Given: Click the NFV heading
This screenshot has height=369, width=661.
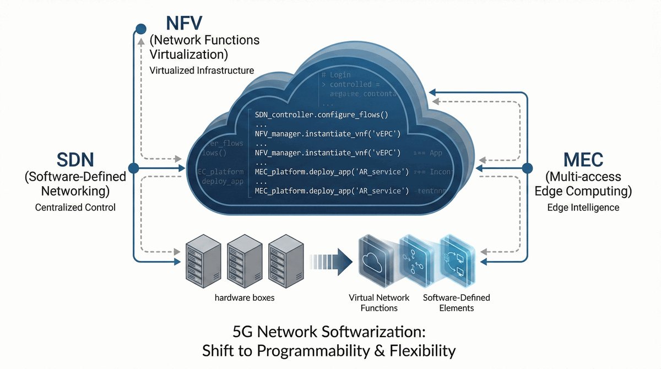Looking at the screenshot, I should pyautogui.click(x=184, y=24).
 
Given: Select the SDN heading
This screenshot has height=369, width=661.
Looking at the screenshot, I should pyautogui.click(x=75, y=160).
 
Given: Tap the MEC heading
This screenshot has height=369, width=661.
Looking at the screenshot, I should pyautogui.click(x=583, y=160).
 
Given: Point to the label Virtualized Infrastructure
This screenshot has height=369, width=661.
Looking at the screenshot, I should pyautogui.click(x=202, y=70).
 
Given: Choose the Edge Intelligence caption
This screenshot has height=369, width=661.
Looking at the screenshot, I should pyautogui.click(x=583, y=208).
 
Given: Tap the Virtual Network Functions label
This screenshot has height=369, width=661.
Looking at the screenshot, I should pyautogui.click(x=379, y=302).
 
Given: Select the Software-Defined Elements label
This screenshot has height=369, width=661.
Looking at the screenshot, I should pyautogui.click(x=456, y=302).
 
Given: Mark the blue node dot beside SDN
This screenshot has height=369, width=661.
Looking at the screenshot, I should pyautogui.click(x=133, y=167).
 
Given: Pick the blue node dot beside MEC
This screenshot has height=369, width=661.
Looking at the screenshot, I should pyautogui.click(x=527, y=167).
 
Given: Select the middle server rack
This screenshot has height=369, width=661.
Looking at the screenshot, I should pyautogui.click(x=243, y=258).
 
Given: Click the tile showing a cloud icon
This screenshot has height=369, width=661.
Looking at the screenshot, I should pyautogui.click(x=376, y=261).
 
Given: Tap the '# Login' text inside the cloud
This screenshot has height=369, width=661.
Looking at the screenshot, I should pyautogui.click(x=336, y=74).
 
